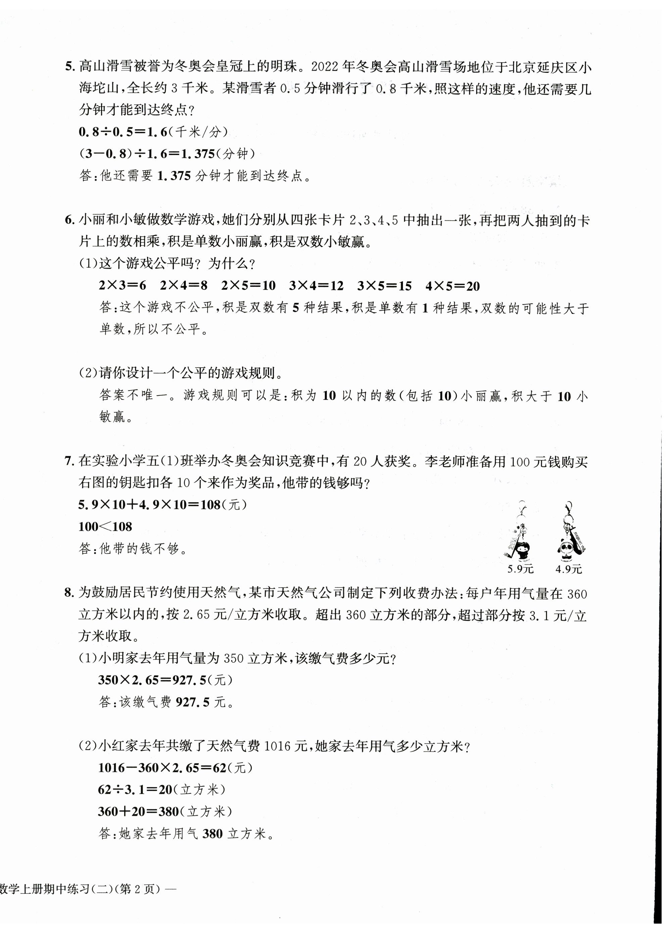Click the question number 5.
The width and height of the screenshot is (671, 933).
point(69,66)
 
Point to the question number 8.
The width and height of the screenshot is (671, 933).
point(69,593)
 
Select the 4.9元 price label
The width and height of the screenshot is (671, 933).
point(569,569)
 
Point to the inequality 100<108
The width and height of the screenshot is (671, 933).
point(105,526)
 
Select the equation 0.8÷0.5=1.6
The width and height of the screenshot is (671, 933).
point(124,132)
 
